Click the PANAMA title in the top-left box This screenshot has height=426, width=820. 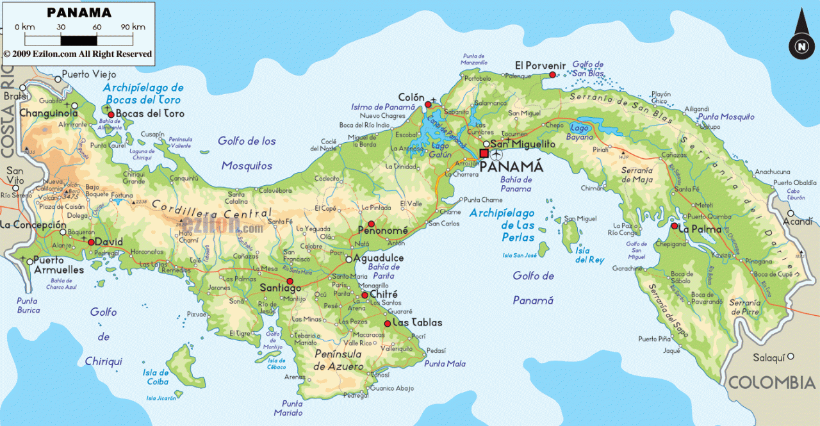pyautogui.click(x=79, y=12)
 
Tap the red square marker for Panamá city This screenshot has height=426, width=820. pyautogui.click(x=484, y=154)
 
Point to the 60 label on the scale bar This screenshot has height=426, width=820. pyautogui.click(x=97, y=27)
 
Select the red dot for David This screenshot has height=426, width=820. pyautogui.click(x=91, y=242)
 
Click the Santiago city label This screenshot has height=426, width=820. pyautogui.click(x=281, y=288)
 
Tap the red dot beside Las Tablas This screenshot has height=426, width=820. pyautogui.click(x=387, y=324)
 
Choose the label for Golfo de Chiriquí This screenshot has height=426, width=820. pyautogui.click(x=103, y=336)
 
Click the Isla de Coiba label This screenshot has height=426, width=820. pyautogui.click(x=156, y=377)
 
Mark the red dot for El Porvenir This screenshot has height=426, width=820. pyautogui.click(x=552, y=75)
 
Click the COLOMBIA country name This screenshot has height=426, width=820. pyautogui.click(x=771, y=383)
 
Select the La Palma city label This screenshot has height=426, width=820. pyautogui.click(x=700, y=229)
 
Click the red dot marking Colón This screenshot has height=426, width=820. pyautogui.click(x=428, y=104)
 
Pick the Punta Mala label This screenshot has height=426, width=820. pyautogui.click(x=445, y=363)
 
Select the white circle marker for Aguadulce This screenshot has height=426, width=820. pyautogui.click(x=348, y=259)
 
